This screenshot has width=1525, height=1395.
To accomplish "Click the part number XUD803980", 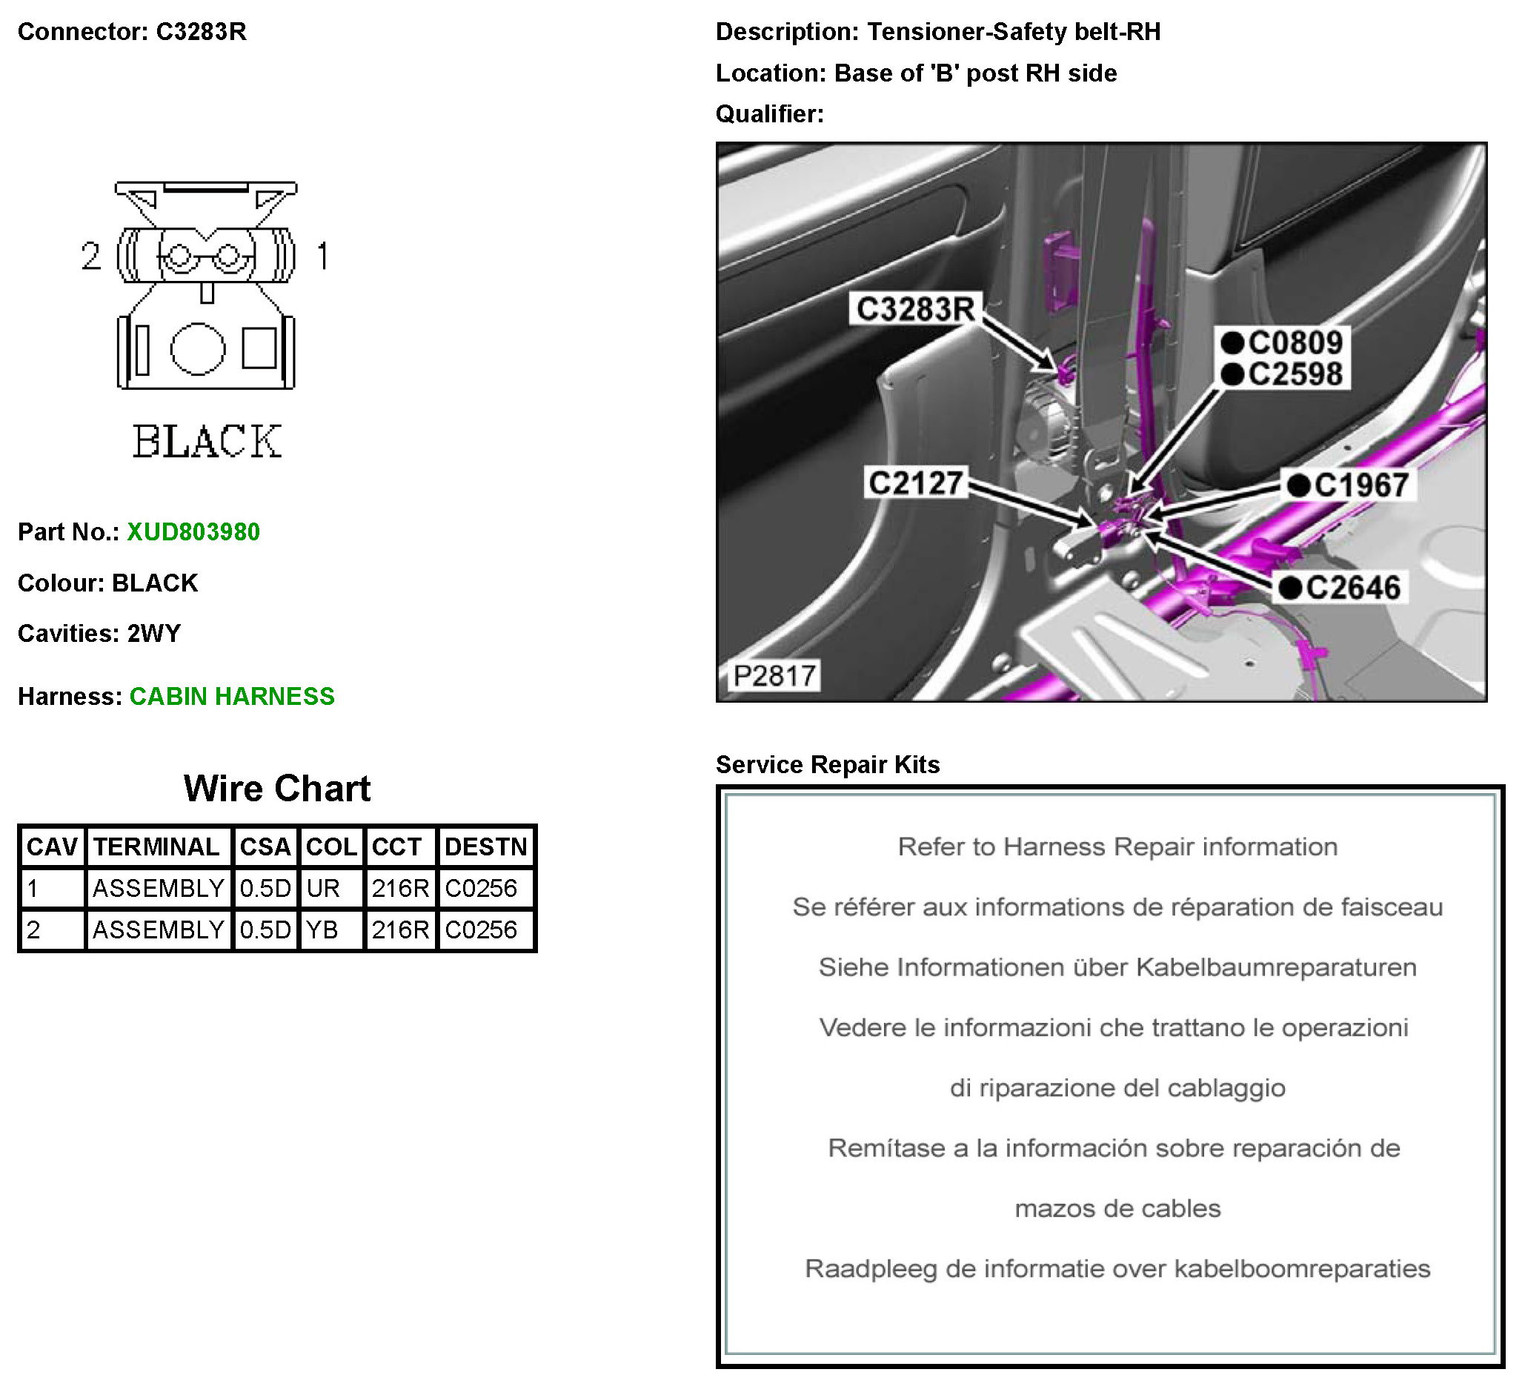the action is click(x=193, y=531).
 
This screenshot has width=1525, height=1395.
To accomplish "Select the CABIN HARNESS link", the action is click(x=231, y=696).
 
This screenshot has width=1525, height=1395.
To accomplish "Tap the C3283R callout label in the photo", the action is click(x=914, y=308).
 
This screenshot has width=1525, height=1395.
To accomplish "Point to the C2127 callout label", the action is click(x=915, y=483).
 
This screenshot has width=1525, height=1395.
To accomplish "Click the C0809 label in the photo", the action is click(x=1295, y=342).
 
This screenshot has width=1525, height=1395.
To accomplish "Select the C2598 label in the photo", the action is click(x=1295, y=374).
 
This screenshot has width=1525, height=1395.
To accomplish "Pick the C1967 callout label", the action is click(x=1360, y=485).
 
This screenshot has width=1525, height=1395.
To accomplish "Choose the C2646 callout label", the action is click(x=1352, y=588).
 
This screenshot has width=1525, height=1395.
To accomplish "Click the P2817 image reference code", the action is click(x=774, y=675).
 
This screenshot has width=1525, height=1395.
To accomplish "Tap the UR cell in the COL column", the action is click(x=323, y=888).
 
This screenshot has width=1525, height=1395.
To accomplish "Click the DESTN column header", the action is click(x=485, y=846).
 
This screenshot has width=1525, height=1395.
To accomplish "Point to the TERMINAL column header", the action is click(x=156, y=846).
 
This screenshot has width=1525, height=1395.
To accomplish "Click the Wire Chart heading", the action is click(x=277, y=788).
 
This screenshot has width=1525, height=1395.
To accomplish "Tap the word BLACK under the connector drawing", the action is click(x=207, y=442).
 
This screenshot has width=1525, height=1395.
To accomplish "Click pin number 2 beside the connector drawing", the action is click(x=90, y=256).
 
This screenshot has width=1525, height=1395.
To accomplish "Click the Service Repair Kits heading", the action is click(x=828, y=764).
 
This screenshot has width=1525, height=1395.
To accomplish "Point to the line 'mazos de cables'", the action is click(x=1117, y=1208).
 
